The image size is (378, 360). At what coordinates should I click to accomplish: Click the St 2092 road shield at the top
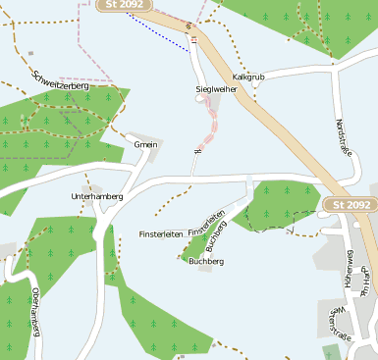point(124,6)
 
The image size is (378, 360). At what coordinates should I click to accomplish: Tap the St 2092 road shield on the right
point(349,204)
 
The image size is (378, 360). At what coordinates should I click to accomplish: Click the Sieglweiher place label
point(216,89)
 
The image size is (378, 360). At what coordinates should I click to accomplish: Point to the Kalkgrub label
point(248,76)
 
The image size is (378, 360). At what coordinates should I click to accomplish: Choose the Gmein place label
point(145,144)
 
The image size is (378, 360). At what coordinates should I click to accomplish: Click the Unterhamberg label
point(97,196)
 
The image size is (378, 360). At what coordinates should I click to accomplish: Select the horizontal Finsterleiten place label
point(161,234)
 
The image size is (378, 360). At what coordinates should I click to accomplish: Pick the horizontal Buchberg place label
point(206,262)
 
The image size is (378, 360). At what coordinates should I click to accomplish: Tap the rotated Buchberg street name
point(217,236)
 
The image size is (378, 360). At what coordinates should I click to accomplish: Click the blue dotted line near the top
point(157,31)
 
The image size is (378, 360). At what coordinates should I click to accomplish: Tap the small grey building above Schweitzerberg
point(30,53)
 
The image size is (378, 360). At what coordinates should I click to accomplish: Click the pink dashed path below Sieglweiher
point(209,128)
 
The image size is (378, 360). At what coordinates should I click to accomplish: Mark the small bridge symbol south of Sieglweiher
point(198,151)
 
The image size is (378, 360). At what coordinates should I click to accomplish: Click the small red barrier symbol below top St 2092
point(193,39)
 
